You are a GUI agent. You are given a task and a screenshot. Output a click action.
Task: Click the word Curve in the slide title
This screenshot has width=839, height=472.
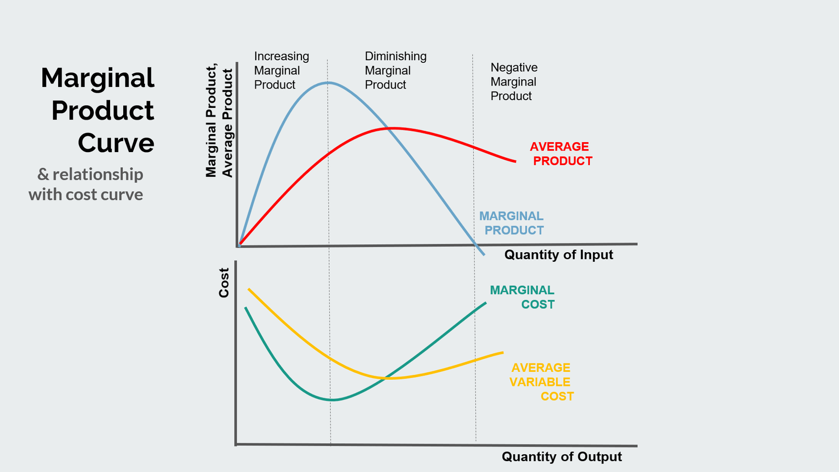pyautogui.click(x=116, y=143)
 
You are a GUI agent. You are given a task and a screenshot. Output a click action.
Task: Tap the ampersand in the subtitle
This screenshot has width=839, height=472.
pyautogui.click(x=43, y=174)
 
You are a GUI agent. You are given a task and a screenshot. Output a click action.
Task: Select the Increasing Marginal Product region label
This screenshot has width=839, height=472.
pyautogui.click(x=281, y=71)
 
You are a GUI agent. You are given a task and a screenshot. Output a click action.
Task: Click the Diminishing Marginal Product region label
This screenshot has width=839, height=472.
pyautogui.click(x=395, y=71)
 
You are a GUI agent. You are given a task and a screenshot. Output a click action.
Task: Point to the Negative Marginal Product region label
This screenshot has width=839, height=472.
pyautogui.click(x=513, y=82)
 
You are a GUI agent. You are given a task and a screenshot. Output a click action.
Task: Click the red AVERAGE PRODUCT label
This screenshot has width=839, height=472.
pyautogui.click(x=561, y=154)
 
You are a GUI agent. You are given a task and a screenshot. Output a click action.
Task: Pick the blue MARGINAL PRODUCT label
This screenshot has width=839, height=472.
pyautogui.click(x=512, y=223)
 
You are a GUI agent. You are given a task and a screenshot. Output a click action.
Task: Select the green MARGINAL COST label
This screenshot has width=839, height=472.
pyautogui.click(x=523, y=297)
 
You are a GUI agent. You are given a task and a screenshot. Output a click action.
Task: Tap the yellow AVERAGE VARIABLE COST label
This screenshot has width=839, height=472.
pyautogui.click(x=541, y=382)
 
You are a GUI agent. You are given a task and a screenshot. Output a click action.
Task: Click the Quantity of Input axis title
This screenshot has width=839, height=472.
pyautogui.click(x=558, y=255)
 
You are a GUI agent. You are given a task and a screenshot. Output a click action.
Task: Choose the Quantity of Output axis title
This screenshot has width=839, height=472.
pyautogui.click(x=562, y=456)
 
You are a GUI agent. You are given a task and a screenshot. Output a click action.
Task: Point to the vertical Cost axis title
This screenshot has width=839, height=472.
pyautogui.click(x=224, y=283)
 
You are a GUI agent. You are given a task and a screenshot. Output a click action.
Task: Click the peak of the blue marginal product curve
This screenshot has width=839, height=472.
pyautogui.click(x=328, y=82)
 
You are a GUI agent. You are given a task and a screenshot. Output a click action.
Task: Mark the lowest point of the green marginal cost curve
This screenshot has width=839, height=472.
pyautogui.click(x=331, y=400)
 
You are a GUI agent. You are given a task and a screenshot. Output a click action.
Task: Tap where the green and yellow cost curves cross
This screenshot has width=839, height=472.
pyautogui.click(x=386, y=378)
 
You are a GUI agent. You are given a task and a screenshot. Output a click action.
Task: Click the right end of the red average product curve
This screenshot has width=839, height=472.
pyautogui.click(x=515, y=162)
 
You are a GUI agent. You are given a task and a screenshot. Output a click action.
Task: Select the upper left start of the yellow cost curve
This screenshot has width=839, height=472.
pyautogui.click(x=249, y=289)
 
